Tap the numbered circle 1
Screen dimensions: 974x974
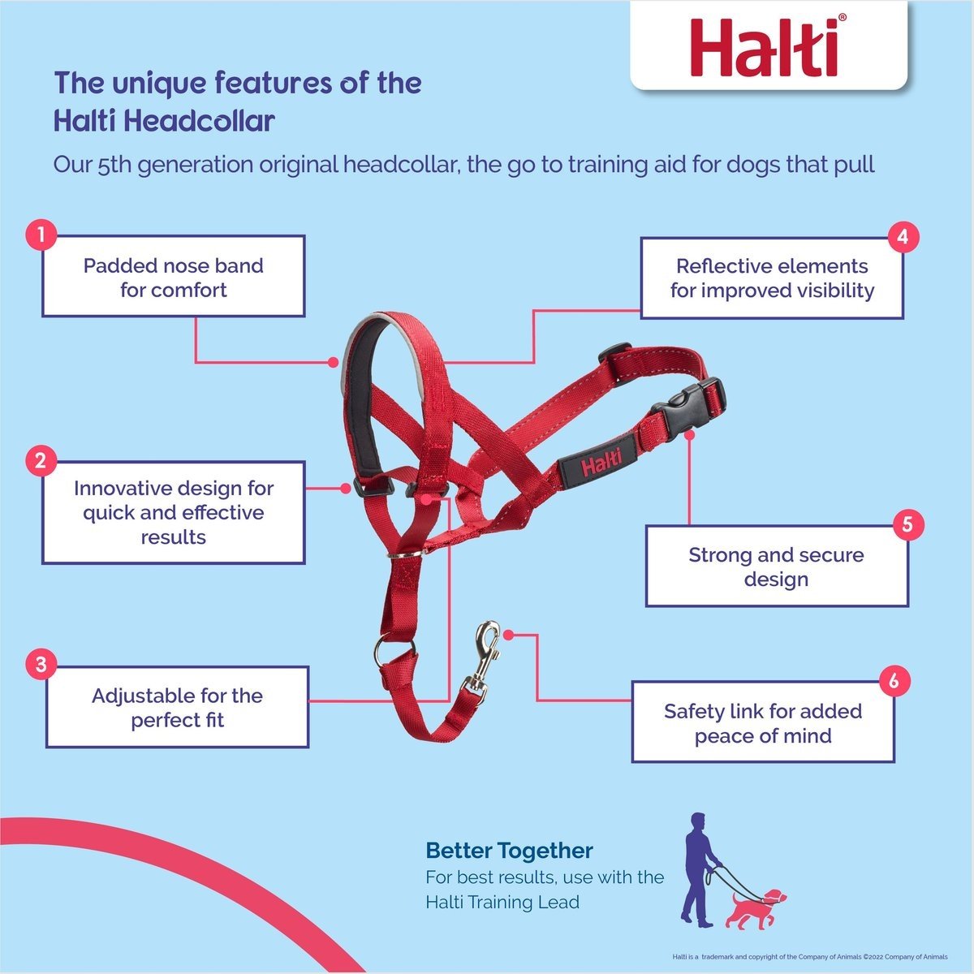point(41,235)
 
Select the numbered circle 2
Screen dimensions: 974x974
point(41,460)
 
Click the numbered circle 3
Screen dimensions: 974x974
point(41,664)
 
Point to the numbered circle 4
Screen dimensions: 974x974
point(903,237)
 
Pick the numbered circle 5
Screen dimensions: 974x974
point(907,524)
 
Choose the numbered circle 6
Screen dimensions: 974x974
point(894,680)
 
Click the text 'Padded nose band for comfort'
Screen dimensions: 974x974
point(174,278)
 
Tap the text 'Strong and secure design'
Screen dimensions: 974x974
point(777,567)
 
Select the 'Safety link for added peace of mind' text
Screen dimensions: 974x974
point(763,723)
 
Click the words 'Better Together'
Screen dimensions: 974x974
point(510,851)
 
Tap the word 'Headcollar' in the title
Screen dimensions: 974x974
point(200,121)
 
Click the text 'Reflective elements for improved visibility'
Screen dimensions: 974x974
point(772,278)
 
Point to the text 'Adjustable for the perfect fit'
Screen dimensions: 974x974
point(178,708)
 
